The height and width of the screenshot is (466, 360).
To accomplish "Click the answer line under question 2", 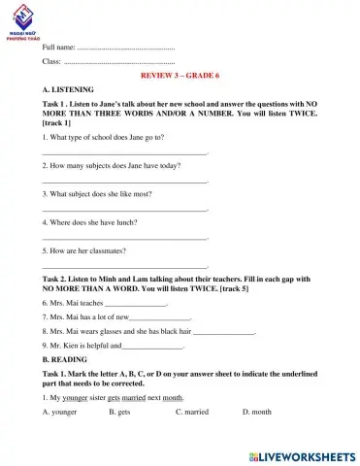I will (x=126, y=182).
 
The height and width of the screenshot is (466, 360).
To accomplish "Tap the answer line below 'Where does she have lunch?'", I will (x=126, y=238).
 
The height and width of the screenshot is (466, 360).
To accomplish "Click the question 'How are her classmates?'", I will (x=85, y=250).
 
